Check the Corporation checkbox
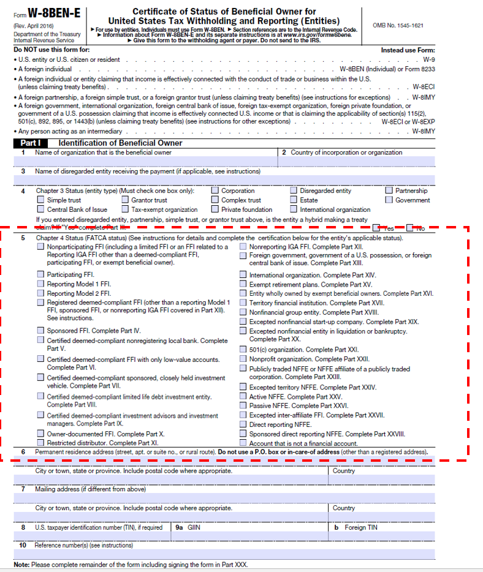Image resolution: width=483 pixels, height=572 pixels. click(x=215, y=190)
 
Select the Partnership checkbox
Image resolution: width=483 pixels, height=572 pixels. click(x=389, y=190)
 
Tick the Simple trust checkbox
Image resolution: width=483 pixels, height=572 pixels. click(x=41, y=200)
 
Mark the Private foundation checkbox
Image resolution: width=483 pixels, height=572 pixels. click(x=215, y=209)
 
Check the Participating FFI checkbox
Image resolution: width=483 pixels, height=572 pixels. click(x=41, y=275)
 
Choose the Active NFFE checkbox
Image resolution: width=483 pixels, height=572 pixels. click(x=243, y=397)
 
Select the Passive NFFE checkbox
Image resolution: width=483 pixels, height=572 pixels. click(x=243, y=406)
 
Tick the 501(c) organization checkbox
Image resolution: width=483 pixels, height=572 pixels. click(x=243, y=350)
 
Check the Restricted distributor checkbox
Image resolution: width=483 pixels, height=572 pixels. click(x=41, y=443)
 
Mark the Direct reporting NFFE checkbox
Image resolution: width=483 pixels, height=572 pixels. click(x=243, y=424)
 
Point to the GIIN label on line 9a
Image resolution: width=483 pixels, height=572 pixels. click(x=194, y=527)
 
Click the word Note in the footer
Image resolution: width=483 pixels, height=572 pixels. click(x=21, y=564)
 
